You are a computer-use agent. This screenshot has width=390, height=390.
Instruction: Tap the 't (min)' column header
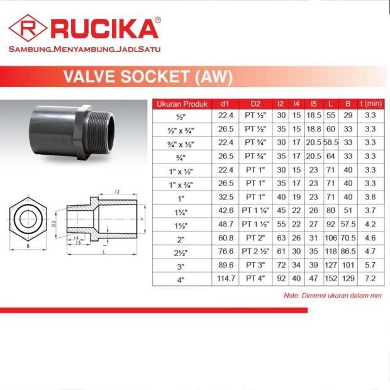[x=370, y=104]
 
